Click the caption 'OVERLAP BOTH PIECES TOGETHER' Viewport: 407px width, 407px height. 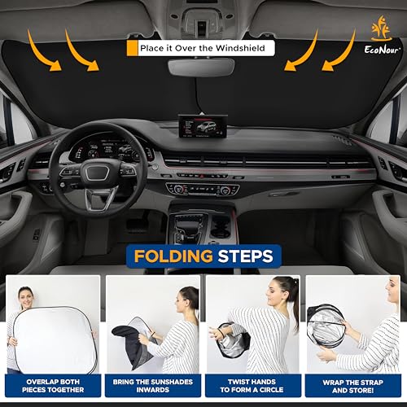click(52, 385)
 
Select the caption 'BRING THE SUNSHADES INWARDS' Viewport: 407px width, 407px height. click(153, 385)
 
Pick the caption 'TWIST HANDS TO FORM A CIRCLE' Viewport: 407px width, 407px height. click(253, 385)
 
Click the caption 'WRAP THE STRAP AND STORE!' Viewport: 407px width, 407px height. click(354, 385)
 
